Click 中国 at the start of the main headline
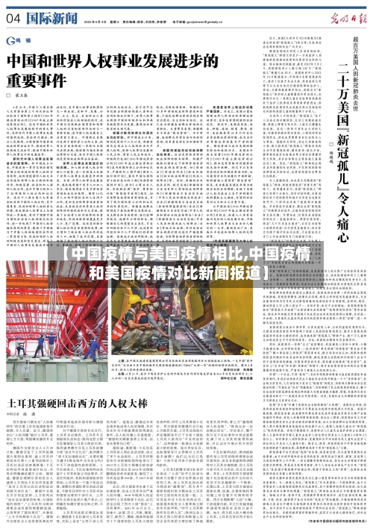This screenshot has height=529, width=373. (25, 59)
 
